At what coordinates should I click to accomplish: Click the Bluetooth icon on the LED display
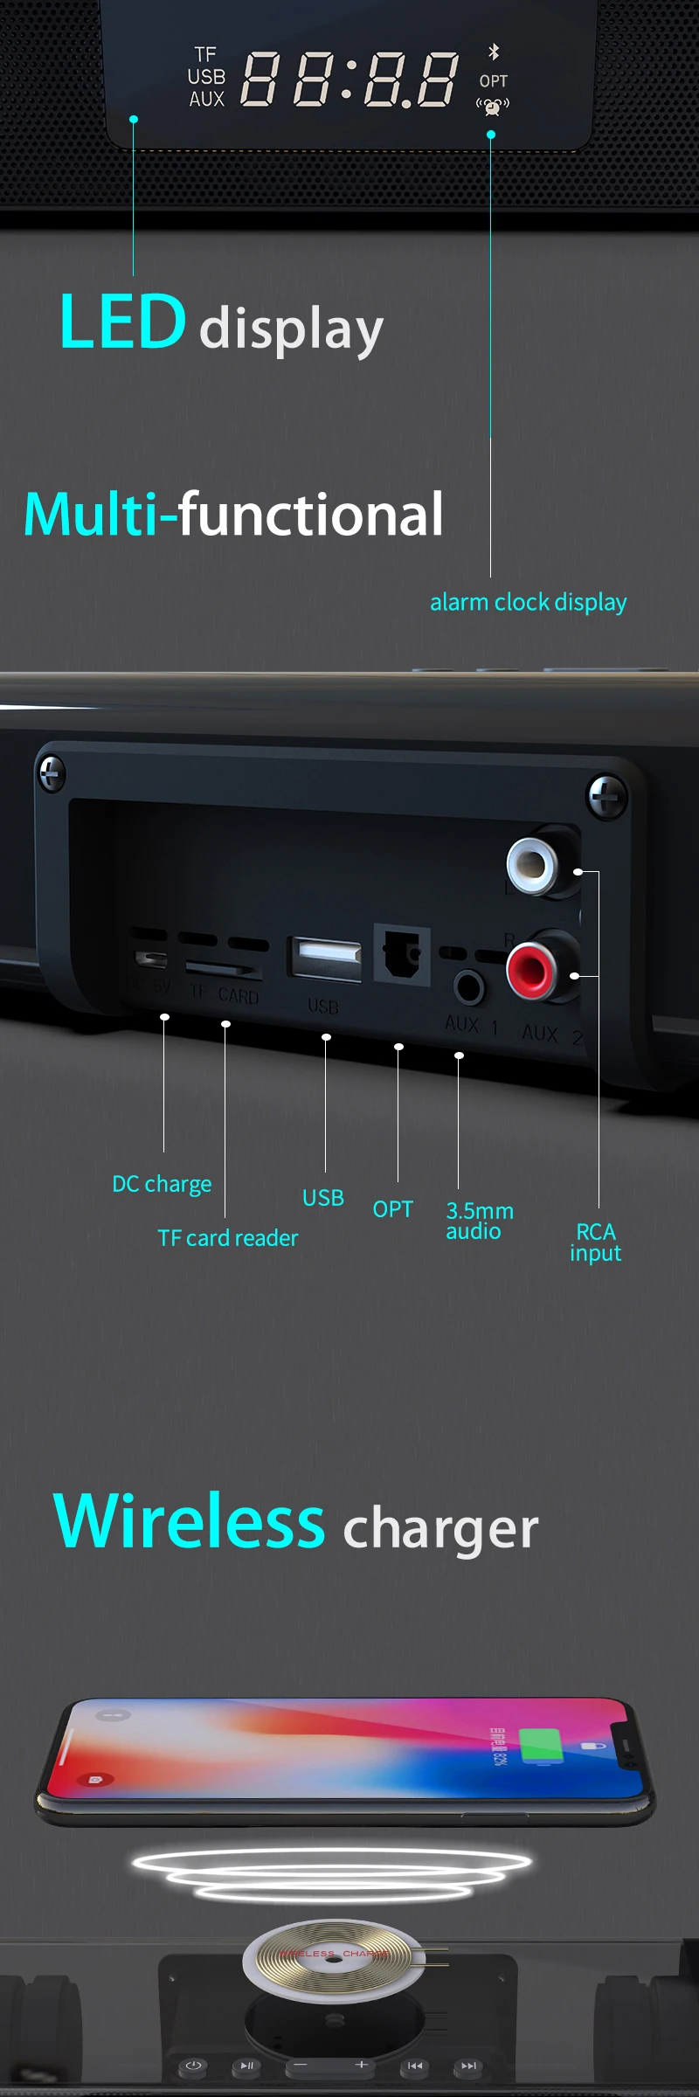(494, 52)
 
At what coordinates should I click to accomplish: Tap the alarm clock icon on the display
(493, 107)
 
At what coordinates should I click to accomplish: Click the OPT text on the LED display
(494, 81)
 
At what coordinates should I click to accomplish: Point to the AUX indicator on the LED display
(207, 100)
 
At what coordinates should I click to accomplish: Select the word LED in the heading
(122, 322)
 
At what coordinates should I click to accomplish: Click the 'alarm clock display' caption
(528, 602)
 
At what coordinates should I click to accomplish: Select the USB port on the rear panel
(326, 957)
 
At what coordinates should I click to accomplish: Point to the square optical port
(402, 953)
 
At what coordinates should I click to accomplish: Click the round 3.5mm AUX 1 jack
(468, 987)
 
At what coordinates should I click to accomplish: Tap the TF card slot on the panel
(222, 968)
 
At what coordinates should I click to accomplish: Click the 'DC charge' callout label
(162, 1184)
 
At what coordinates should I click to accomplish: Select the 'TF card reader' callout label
(227, 1238)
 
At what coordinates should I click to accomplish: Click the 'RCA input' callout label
(596, 1242)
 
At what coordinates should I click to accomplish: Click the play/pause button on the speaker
(246, 2066)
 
